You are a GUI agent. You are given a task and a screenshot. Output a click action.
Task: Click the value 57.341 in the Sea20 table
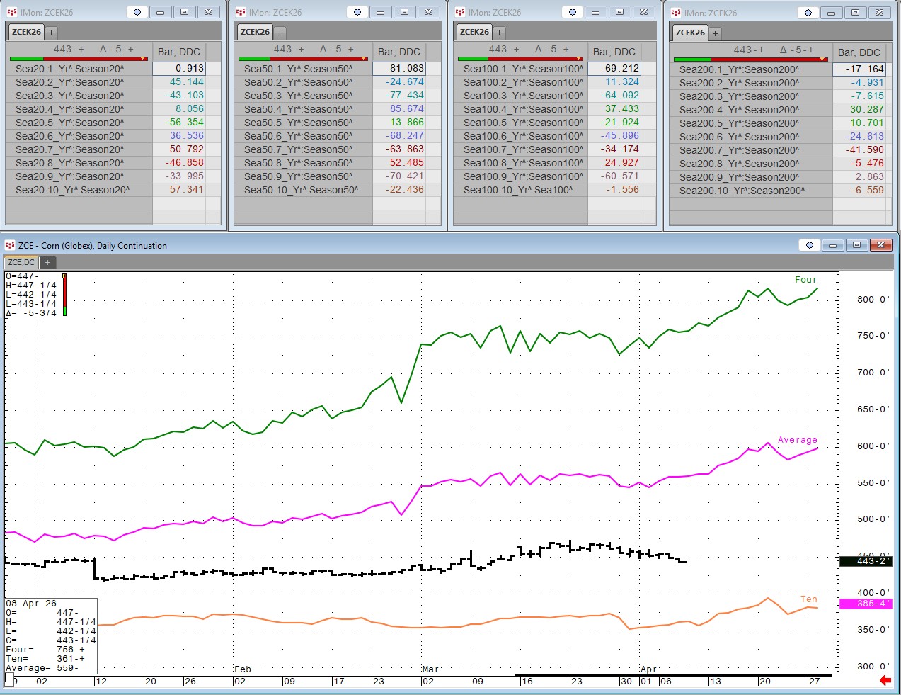pos(186,190)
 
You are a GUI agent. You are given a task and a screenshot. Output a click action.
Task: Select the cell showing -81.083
pos(405,69)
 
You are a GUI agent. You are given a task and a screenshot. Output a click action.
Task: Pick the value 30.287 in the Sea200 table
pos(866,110)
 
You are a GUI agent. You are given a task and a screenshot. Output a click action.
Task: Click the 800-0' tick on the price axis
pos(873,299)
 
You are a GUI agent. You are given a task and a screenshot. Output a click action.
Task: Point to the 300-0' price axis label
pos(873,666)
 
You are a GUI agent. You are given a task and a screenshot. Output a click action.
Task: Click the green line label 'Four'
pos(805,280)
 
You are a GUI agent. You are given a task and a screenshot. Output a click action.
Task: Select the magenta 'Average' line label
pos(797,440)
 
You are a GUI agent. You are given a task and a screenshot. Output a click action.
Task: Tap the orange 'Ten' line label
pos(808,599)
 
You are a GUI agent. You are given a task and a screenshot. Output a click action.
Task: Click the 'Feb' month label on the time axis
pos(243,669)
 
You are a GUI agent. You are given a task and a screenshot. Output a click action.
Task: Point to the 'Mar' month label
pos(430,669)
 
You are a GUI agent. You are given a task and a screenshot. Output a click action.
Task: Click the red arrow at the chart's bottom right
pos(885,680)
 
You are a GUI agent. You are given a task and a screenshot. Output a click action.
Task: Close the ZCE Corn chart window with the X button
pos(880,245)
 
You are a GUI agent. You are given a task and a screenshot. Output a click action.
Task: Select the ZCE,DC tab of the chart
pos(21,262)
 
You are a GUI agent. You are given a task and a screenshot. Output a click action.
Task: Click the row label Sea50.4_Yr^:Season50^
pos(298,109)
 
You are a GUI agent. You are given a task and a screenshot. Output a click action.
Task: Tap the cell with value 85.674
pos(406,109)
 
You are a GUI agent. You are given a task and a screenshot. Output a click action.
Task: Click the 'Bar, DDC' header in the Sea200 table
pos(859,52)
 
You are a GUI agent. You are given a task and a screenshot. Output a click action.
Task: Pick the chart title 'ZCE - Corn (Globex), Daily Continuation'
pos(93,246)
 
